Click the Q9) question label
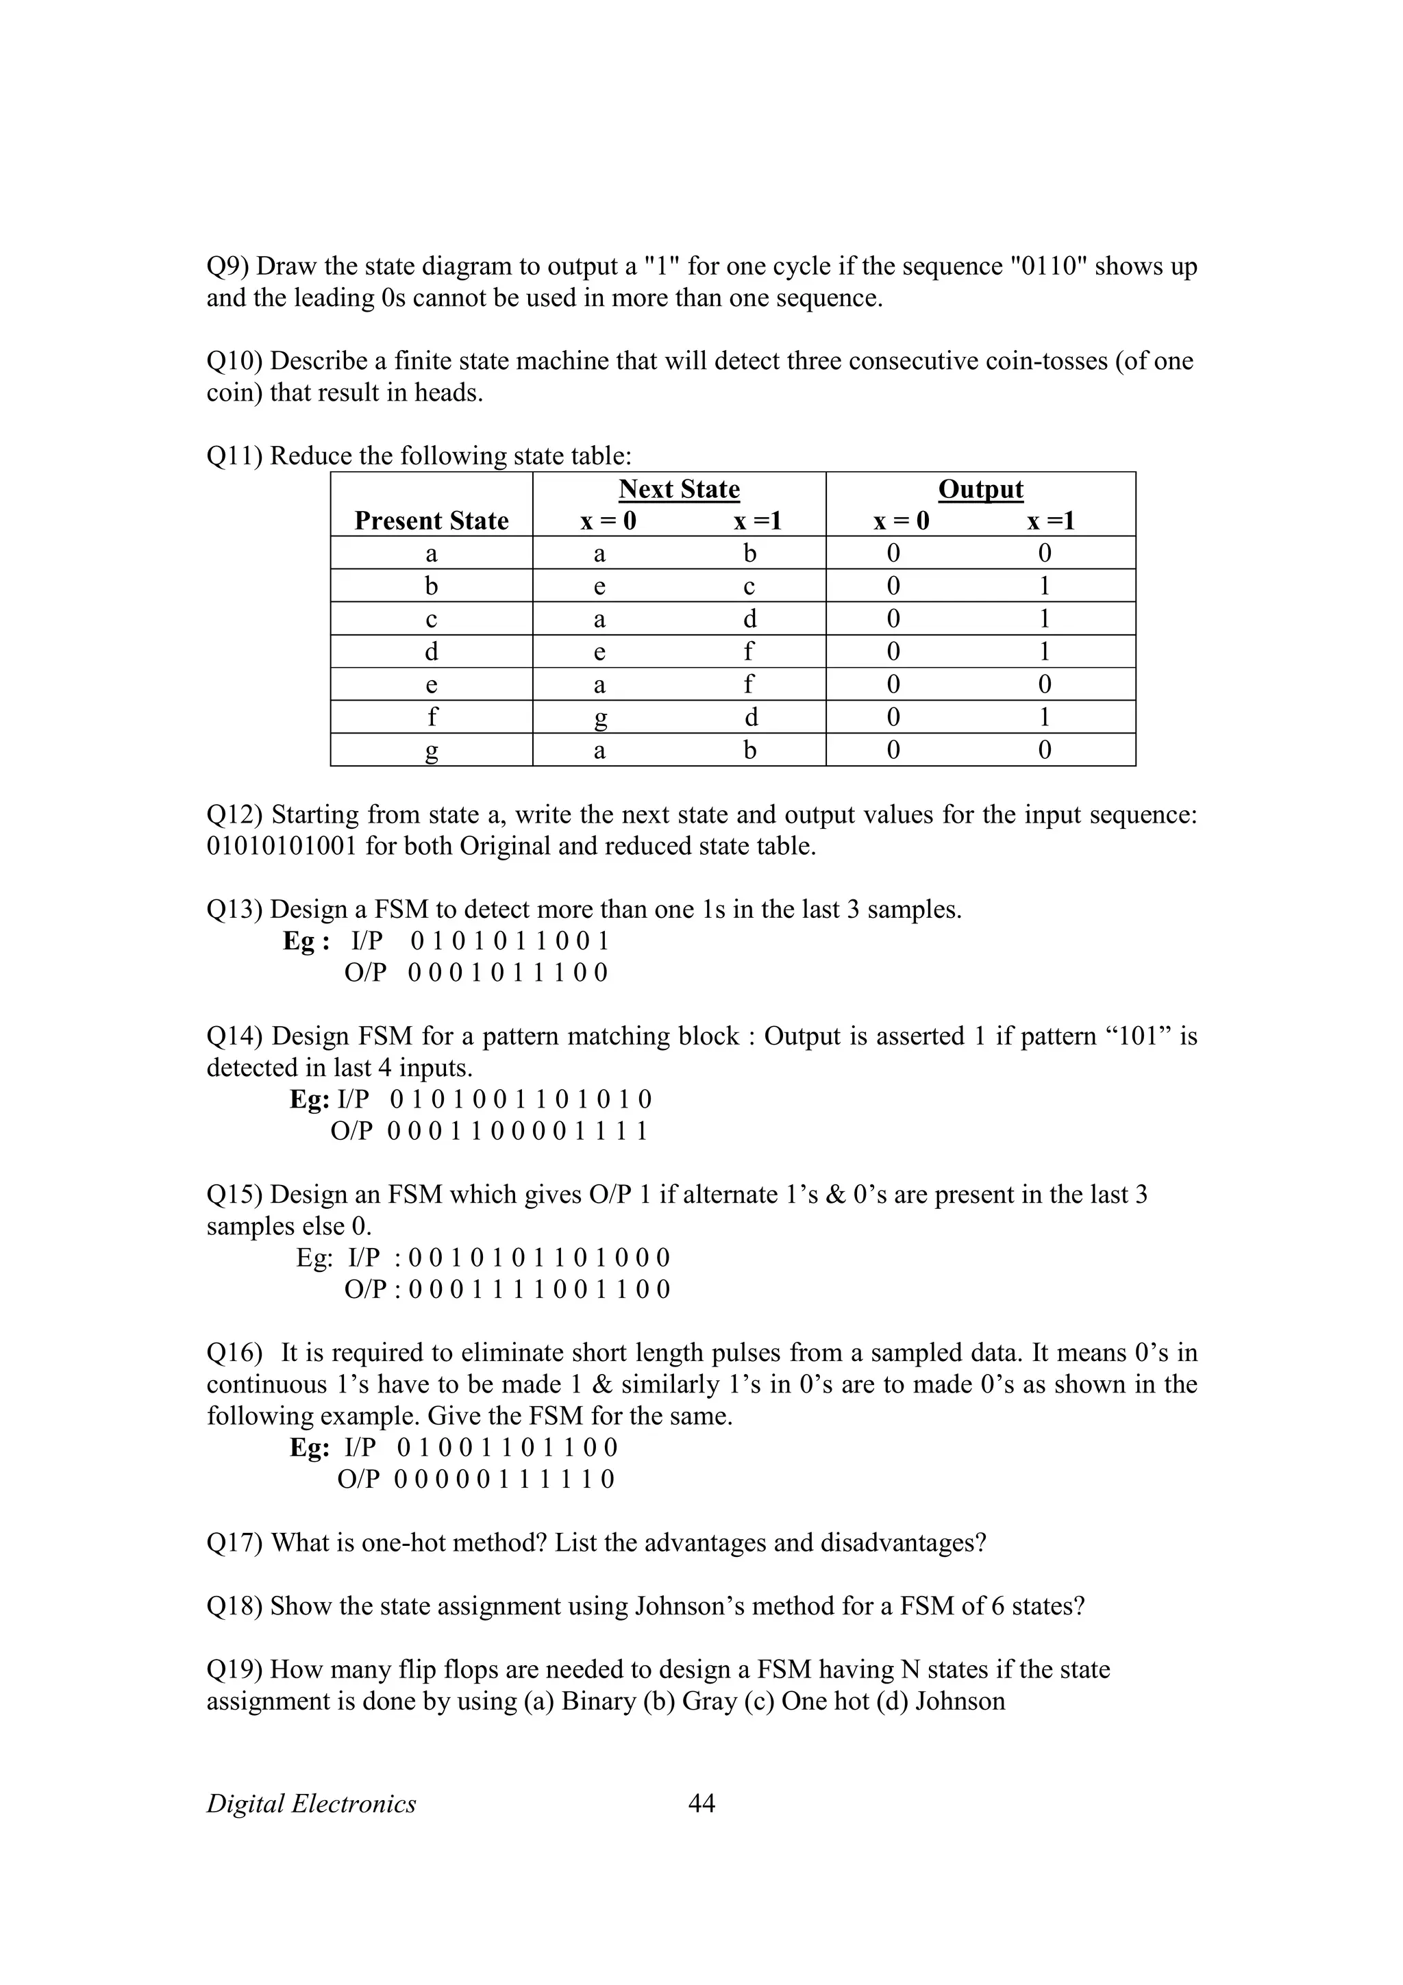click(x=227, y=266)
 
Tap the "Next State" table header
click(x=679, y=489)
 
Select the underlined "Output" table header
click(x=980, y=489)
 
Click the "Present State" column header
click(x=432, y=521)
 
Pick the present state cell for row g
click(x=432, y=749)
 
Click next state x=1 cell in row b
click(x=749, y=586)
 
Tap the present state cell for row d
click(x=432, y=651)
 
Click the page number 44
click(x=701, y=1803)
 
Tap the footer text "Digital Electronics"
click(x=311, y=1804)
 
